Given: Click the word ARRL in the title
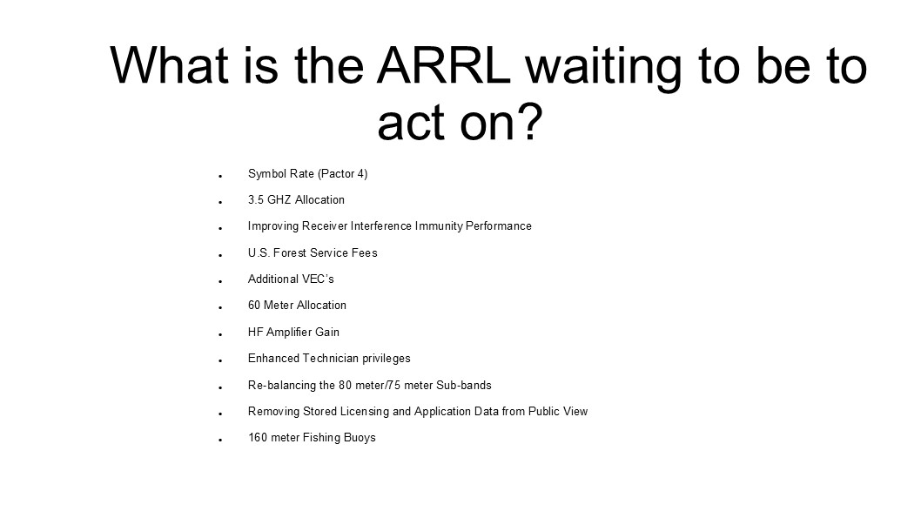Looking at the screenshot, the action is [x=444, y=65].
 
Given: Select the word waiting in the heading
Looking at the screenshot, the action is [x=604, y=69].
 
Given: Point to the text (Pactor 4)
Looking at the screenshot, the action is [x=342, y=174].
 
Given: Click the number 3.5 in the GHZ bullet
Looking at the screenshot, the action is [x=256, y=199].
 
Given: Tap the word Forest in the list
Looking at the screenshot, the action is [x=290, y=252].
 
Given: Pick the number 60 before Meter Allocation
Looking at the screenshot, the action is [x=253, y=306].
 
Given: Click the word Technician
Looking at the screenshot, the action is [x=330, y=359].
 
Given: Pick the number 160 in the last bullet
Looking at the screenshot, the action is [x=257, y=438].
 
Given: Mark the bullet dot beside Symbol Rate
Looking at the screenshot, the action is [x=220, y=176].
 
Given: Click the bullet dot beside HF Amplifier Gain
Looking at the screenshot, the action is [x=220, y=335].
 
